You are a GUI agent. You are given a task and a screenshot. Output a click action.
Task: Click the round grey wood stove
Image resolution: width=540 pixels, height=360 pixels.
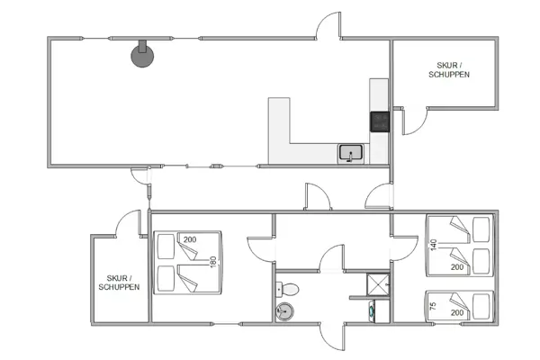(141, 56)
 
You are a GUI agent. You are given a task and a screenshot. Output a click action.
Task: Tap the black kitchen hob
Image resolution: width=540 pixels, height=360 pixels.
(379, 121)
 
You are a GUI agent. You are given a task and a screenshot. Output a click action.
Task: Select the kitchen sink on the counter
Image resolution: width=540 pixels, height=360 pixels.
(350, 153)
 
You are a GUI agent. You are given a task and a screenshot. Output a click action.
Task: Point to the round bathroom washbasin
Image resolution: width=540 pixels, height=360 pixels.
(285, 312)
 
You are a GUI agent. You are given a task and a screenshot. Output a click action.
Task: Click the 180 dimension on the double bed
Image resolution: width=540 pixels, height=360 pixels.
(213, 262)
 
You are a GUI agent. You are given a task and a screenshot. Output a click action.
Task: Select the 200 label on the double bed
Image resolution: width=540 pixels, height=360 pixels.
(190, 239)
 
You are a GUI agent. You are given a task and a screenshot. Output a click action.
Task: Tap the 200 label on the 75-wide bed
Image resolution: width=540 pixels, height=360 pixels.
(458, 312)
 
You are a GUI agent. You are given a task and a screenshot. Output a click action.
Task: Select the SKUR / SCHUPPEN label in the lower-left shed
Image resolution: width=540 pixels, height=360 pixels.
(120, 283)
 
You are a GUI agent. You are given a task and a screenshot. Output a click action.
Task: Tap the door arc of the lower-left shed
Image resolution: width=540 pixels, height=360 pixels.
(129, 222)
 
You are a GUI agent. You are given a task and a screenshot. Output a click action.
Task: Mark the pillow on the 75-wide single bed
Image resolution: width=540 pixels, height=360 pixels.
(483, 305)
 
